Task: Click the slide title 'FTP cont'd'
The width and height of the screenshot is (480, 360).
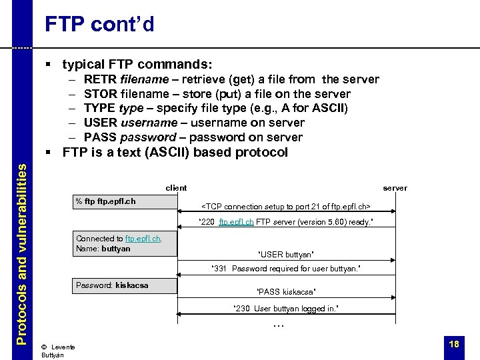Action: click(x=99, y=25)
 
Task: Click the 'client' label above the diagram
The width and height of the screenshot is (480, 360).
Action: click(x=176, y=188)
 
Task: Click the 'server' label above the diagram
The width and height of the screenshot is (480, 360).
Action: click(x=395, y=188)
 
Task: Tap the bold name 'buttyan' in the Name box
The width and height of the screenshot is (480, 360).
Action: click(x=116, y=249)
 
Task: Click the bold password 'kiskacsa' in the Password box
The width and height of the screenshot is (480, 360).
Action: click(x=132, y=285)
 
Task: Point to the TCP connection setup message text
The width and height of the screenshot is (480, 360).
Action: click(x=286, y=206)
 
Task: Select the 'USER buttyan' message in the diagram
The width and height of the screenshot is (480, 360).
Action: click(x=285, y=255)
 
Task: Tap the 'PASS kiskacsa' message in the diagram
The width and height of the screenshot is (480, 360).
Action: click(x=285, y=292)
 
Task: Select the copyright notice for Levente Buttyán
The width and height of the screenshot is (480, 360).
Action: click(x=57, y=351)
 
